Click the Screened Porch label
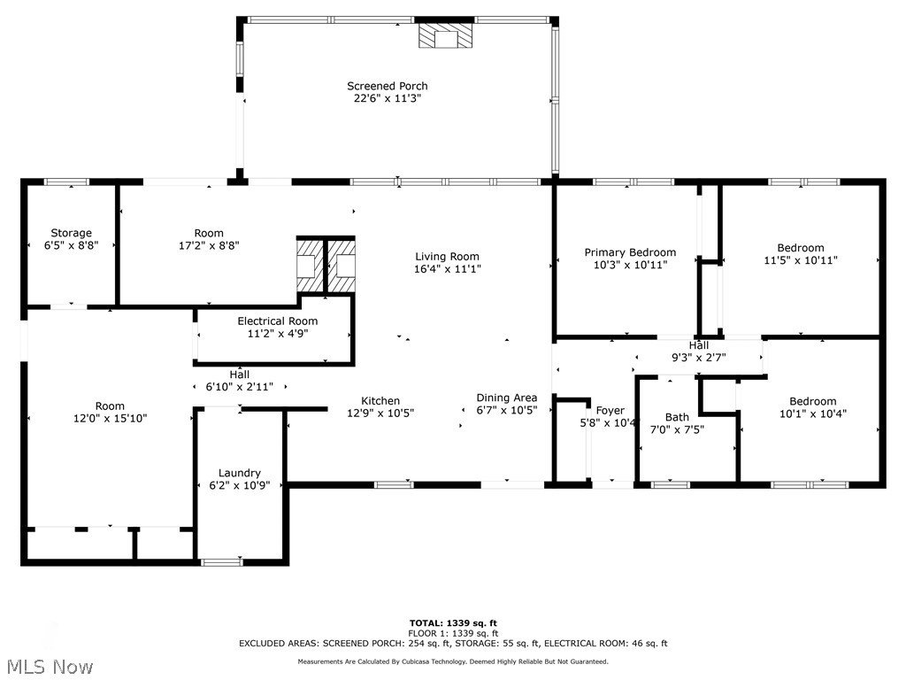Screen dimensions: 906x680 tap(388, 86)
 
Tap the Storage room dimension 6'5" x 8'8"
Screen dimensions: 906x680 tap(71, 245)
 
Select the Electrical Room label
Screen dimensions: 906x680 tap(277, 321)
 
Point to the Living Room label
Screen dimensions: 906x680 tap(447, 256)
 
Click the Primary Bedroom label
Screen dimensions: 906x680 tap(630, 252)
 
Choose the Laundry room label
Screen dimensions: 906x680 tap(239, 473)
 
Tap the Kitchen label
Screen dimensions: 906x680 tap(380, 401)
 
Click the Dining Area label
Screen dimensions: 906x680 tap(507, 398)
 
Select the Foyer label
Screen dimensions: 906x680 tap(610, 411)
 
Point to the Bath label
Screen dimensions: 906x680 tap(677, 417)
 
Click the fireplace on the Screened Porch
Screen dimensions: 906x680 tap(446, 35)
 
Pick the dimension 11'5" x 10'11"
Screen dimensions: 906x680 tap(800, 260)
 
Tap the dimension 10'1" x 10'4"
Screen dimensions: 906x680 tap(813, 413)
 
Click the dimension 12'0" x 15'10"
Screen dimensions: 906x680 tap(110, 418)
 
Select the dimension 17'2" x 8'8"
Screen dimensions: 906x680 tap(209, 245)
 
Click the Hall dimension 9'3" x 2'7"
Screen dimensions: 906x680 tap(699, 358)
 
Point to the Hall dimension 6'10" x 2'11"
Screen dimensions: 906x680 tap(239, 386)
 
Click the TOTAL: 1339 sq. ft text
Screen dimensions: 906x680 tap(453, 622)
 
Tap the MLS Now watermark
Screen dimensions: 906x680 tap(48, 667)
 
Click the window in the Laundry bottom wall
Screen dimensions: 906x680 tap(220, 561)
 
